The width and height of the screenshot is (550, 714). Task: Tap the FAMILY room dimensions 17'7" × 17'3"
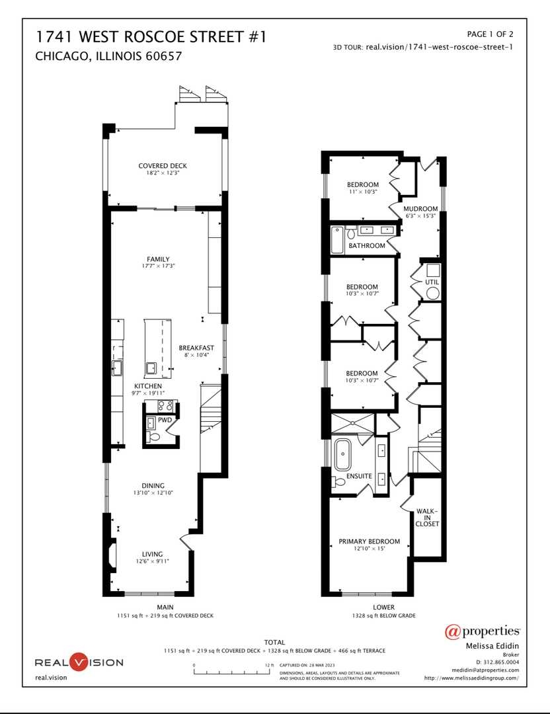coord(159,266)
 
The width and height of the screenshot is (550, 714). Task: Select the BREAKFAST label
coord(196,348)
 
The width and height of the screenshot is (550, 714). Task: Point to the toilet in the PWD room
coord(154,437)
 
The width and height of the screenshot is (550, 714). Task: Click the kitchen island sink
coord(151,368)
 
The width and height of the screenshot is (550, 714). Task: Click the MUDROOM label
coord(420,208)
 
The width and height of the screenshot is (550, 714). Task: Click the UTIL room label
coord(432,282)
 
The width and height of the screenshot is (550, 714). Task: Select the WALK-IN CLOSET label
coord(427,518)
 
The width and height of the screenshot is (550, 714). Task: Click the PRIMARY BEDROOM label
coord(369,541)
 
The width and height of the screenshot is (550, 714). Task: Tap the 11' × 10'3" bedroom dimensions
coord(363,192)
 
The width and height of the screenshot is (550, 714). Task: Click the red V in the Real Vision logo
coord(79,662)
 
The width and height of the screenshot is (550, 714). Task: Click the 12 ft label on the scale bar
coord(269,665)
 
